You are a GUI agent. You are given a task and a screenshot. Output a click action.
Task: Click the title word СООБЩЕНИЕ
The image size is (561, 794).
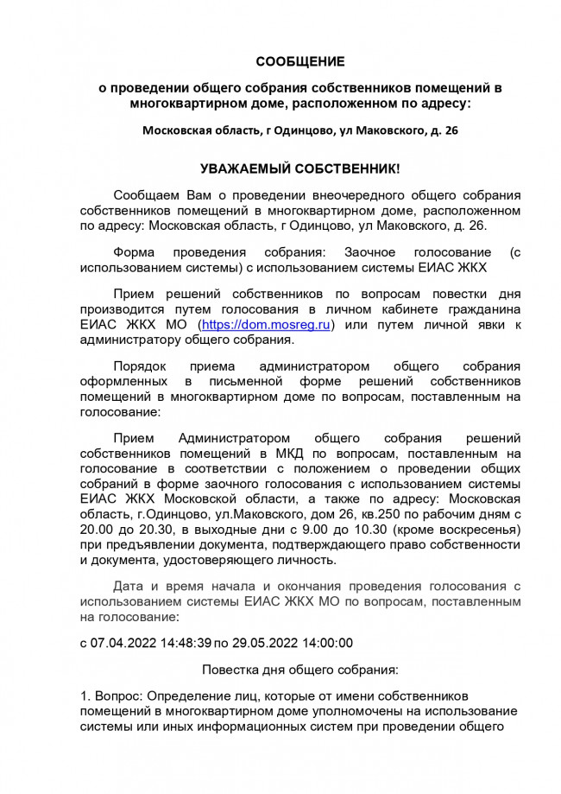click(299, 61)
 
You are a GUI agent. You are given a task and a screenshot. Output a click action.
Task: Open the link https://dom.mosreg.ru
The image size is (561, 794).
click(266, 324)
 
